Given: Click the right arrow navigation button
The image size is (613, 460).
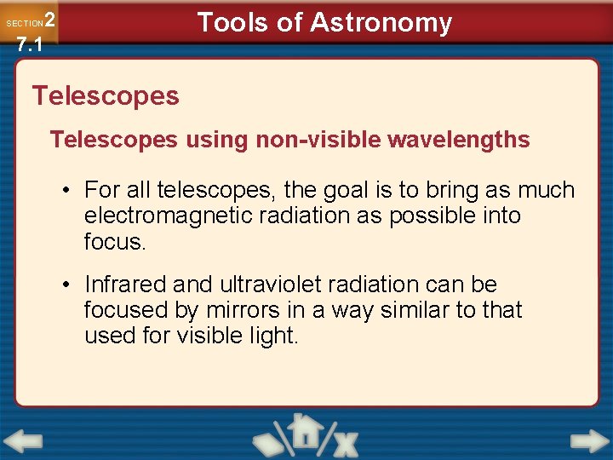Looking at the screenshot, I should [x=589, y=442].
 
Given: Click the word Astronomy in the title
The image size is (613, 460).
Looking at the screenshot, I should [x=381, y=22].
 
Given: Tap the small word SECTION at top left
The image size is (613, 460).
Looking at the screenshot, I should [x=24, y=24].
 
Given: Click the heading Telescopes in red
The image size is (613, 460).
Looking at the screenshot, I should [x=106, y=95].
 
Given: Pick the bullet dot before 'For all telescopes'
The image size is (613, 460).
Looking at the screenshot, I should [x=66, y=191].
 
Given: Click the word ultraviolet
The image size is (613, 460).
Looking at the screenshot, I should [x=261, y=285].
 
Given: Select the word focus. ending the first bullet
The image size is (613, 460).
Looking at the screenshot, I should [x=115, y=241].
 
